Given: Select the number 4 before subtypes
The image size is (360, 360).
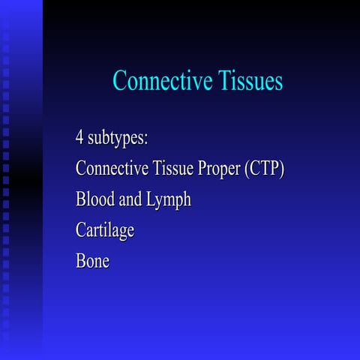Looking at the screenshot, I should tap(79, 138).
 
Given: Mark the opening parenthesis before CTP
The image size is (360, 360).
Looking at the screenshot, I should tap(247, 169).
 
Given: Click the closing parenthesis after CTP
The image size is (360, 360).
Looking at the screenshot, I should tap(283, 169).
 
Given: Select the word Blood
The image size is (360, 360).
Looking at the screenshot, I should tap(94, 199).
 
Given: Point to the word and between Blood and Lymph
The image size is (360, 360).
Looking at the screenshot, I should tap(130, 199).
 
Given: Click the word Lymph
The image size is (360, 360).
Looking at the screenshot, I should tap(169, 201).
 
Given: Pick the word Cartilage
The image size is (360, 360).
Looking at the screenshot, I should tap(105, 231).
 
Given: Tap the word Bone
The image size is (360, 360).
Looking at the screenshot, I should tap(92, 262).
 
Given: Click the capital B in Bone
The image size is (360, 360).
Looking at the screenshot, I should tap(80, 262).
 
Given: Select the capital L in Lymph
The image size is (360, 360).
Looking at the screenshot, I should tap(153, 199).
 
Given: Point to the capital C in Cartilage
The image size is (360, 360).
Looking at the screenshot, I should tap(81, 230).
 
